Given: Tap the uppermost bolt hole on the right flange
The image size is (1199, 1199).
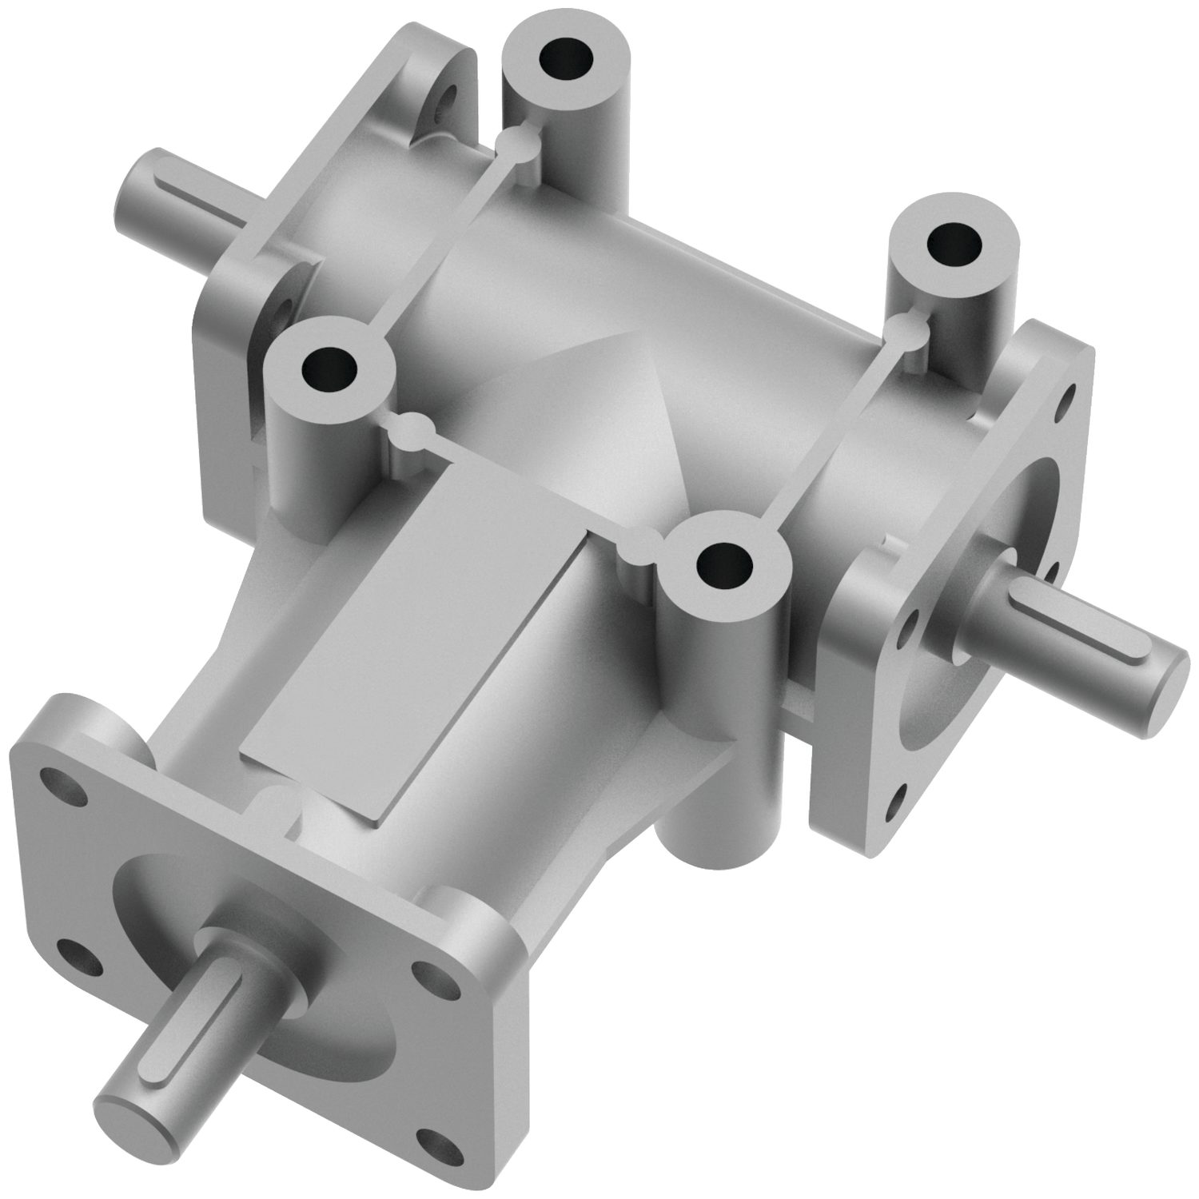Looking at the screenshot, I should pos(1068,396).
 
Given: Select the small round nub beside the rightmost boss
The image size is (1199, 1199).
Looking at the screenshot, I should pos(905,329).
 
